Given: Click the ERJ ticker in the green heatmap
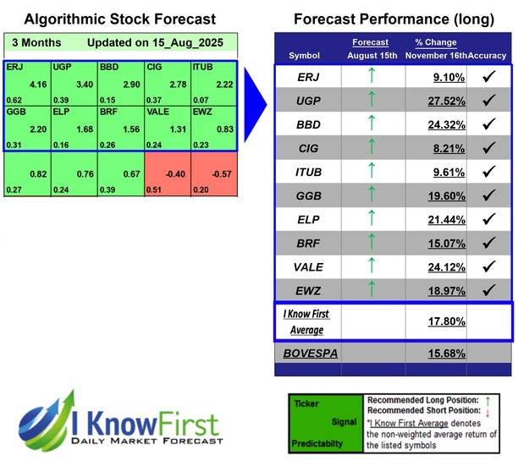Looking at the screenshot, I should tap(14, 65).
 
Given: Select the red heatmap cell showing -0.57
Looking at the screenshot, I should tap(214, 175).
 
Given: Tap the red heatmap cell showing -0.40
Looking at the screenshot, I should tap(168, 175).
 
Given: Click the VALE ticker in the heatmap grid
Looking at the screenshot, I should tap(157, 111).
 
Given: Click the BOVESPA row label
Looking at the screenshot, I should tap(311, 352).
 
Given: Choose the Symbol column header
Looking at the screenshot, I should tap(305, 55).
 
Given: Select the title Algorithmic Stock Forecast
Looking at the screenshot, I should tap(119, 19).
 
